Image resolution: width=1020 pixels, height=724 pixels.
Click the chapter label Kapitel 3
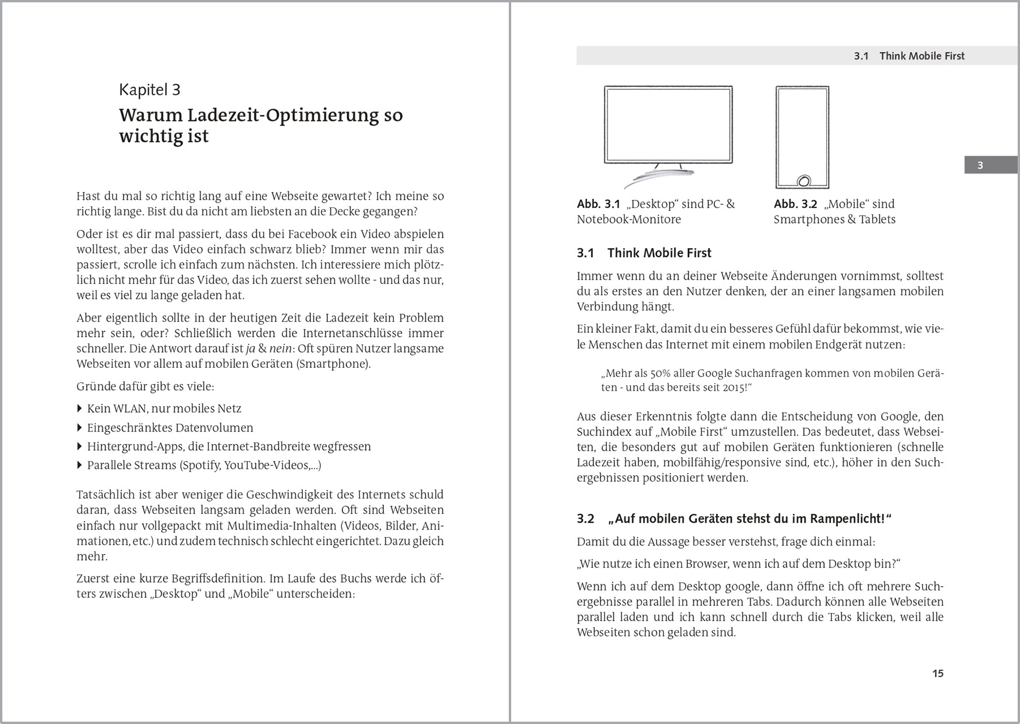[149, 89]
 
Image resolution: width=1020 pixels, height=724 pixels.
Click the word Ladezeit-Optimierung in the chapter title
[282, 115]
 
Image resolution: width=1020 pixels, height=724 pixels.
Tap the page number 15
[937, 673]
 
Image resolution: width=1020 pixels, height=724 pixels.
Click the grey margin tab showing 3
[980, 165]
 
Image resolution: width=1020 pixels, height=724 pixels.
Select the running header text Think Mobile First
[921, 56]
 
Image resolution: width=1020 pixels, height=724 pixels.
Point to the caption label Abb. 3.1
[598, 204]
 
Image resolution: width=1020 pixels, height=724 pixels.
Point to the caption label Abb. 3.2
[795, 204]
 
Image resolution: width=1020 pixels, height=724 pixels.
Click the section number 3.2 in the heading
[585, 518]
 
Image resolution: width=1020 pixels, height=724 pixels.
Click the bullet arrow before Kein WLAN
[80, 409]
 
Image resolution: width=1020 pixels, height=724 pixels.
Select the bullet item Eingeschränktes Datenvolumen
[170, 427]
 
